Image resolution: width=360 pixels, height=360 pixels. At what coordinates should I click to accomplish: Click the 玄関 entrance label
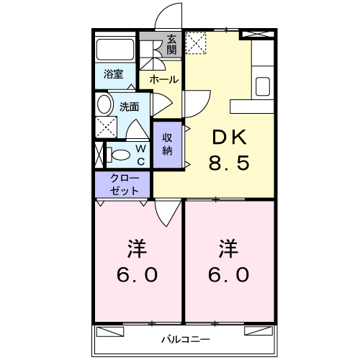point(171,45)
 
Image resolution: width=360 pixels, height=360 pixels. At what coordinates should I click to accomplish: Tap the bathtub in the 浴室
point(115,50)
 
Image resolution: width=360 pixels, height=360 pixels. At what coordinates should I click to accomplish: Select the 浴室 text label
point(113,74)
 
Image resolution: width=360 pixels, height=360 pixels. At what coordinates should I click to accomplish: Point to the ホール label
point(164,79)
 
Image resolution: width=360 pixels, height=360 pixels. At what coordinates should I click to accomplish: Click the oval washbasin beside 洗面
point(105,104)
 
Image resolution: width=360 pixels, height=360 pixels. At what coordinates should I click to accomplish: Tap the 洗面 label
point(130,107)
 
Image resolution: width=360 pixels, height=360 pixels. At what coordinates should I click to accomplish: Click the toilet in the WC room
point(119,155)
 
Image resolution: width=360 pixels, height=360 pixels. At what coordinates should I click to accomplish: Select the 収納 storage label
point(167,144)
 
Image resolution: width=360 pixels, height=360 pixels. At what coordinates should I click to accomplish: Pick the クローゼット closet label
point(125,184)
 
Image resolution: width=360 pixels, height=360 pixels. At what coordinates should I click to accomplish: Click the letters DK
point(230,137)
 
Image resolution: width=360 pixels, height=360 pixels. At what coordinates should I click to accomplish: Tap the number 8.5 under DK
point(229,163)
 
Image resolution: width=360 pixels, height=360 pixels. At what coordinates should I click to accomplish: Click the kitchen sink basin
point(263,86)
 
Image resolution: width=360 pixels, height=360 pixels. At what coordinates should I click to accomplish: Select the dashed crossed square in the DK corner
point(196,43)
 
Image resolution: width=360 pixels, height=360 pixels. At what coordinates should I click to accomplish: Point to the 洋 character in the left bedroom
point(137,248)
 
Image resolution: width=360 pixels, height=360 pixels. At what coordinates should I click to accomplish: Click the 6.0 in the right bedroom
point(228,274)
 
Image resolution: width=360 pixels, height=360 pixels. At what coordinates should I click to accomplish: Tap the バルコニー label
point(186,340)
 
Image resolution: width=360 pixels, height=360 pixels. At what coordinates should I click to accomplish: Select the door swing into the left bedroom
point(168,213)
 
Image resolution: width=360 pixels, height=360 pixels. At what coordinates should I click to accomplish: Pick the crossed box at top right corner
point(258,34)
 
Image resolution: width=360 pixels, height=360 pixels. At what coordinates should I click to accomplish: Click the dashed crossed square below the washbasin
point(107,127)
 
